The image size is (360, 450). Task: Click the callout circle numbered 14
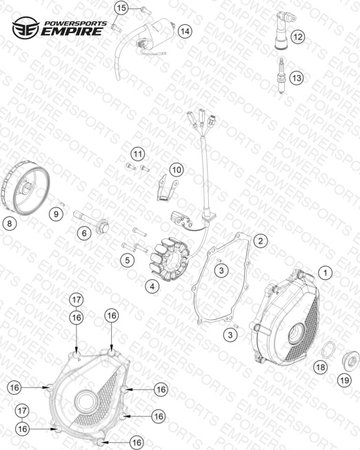coord(186,31)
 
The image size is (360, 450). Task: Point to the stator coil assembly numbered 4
coord(172,259)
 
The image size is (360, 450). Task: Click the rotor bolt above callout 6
coord(91,220)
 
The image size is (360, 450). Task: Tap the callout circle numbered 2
coord(260,241)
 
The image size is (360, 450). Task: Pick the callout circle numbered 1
coord(326,273)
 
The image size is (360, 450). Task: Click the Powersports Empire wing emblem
coord(26,28)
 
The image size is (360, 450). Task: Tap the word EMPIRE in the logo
coord(72,31)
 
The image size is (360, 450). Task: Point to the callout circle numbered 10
coord(177,170)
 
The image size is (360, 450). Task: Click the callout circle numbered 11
coord(138,154)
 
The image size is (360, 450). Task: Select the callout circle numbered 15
coord(121,8)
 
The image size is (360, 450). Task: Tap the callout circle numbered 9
coord(56,214)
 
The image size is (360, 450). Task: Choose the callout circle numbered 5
coord(128,260)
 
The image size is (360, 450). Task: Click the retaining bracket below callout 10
coord(167,187)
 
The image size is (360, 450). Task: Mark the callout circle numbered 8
coord(10,223)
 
